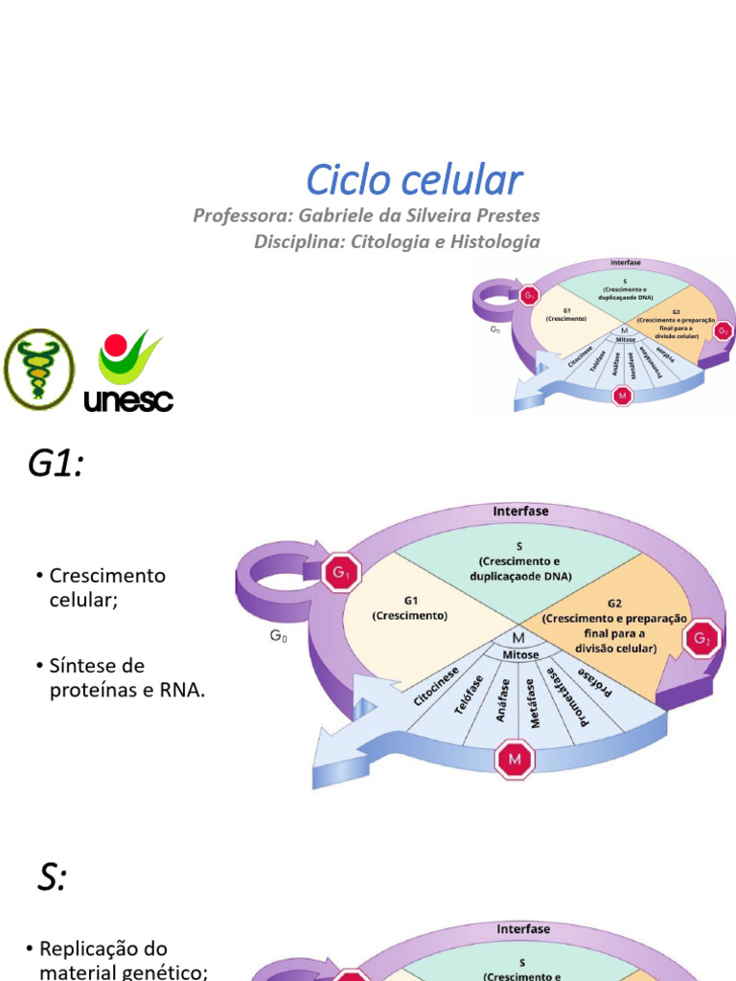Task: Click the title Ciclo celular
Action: point(414,180)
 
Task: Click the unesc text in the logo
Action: point(128,399)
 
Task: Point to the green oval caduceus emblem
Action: point(38,369)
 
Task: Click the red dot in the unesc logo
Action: point(115,345)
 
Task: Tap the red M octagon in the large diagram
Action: point(515,760)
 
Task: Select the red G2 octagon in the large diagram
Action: point(704,637)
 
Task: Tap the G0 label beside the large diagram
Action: point(278,636)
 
